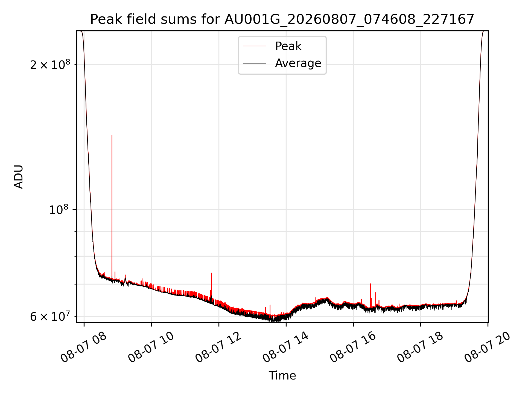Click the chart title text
click(282, 19)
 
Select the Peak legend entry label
click(288, 46)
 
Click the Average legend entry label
click(298, 63)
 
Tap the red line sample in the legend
click(254, 46)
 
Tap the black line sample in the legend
click(254, 63)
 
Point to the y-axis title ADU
click(19, 177)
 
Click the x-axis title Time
click(282, 376)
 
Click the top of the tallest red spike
click(112, 135)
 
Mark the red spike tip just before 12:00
click(211, 273)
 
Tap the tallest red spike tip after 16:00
click(370, 284)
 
